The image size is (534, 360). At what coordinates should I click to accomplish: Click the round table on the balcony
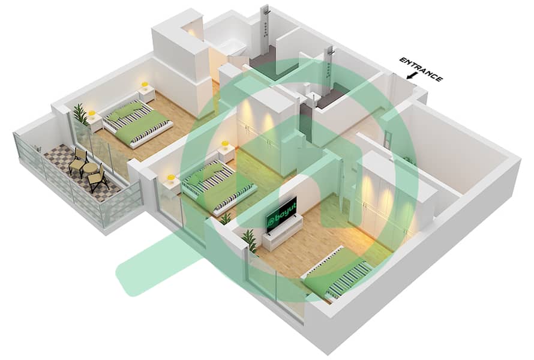(91, 169)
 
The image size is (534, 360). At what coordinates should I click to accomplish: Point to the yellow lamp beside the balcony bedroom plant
(92, 113)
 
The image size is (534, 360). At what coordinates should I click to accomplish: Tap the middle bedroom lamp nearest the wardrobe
(225, 145)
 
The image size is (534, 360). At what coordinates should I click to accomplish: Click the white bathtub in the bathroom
(228, 51)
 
